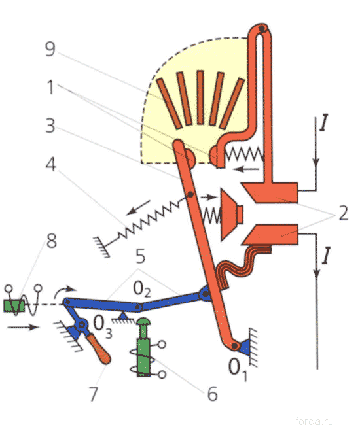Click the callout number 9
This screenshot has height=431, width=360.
click(50, 49)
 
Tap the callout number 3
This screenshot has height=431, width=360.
click(50, 126)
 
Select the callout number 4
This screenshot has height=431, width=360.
click(51, 165)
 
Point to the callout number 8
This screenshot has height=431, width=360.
click(52, 241)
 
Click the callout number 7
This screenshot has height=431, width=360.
click(94, 394)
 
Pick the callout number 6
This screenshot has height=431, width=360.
click(212, 394)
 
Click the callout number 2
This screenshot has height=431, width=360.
click(343, 213)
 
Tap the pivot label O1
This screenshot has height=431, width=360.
click(238, 369)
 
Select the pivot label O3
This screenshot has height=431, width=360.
click(103, 326)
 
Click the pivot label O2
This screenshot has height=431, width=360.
click(142, 289)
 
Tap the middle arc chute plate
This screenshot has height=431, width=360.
click(200, 97)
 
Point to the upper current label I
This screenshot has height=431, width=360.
click(324, 124)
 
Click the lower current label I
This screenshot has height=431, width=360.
click(326, 256)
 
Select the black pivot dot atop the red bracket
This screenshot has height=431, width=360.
click(262, 28)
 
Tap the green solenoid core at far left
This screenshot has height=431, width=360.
click(14, 306)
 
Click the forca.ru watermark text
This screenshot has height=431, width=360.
click(315, 421)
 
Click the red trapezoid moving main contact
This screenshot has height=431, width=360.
click(231, 215)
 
